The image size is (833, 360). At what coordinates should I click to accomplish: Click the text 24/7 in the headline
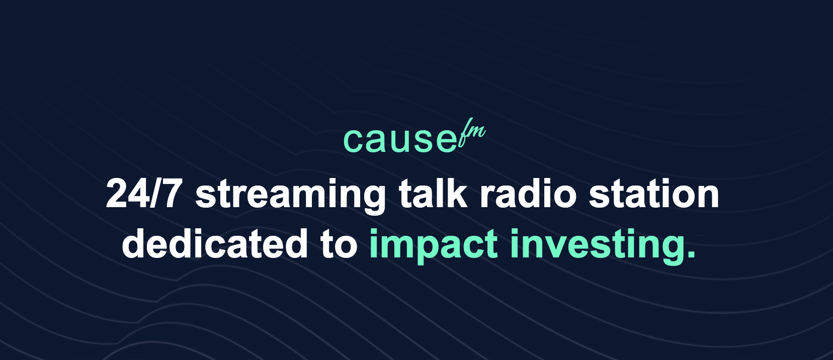tap(143, 195)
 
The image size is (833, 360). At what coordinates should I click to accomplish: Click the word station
tap(654, 195)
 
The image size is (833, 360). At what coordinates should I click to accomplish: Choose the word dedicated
tap(215, 244)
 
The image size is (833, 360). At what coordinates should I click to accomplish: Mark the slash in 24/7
tap(154, 195)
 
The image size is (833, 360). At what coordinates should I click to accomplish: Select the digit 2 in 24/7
tap(117, 195)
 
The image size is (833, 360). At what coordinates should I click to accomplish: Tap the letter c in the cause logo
tap(353, 140)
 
